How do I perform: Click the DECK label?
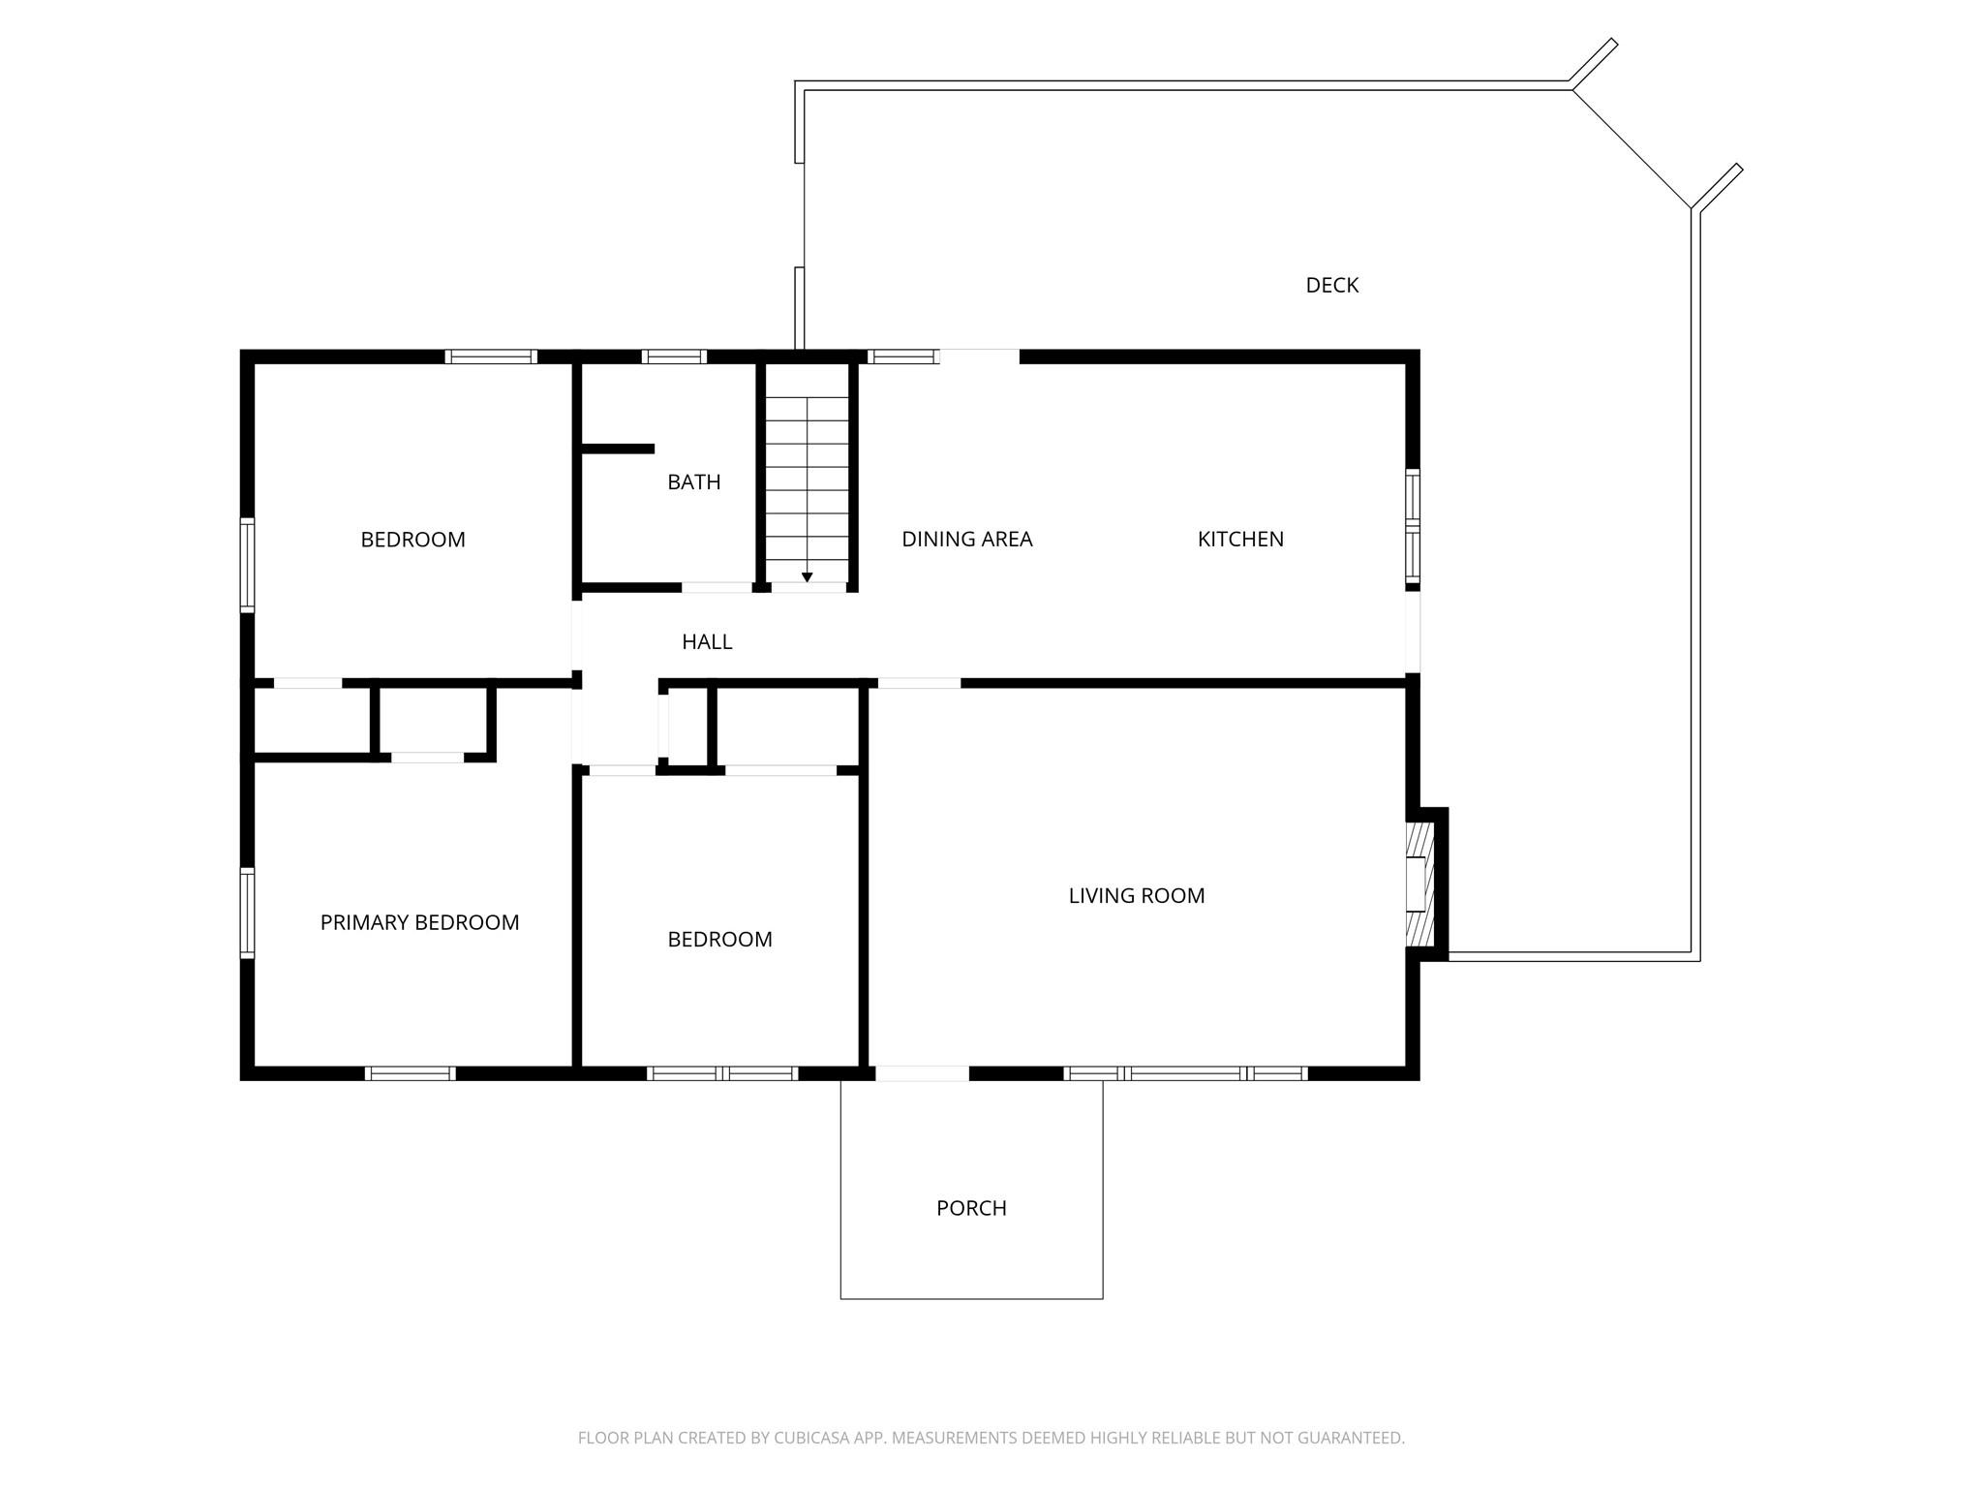pyautogui.click(x=1331, y=285)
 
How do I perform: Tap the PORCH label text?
pyautogui.click(x=971, y=1208)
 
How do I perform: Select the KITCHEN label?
pyautogui.click(x=1240, y=539)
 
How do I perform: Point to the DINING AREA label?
pyautogui.click(x=966, y=539)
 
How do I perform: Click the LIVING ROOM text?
pyautogui.click(x=1136, y=895)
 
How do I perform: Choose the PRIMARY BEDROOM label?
pyautogui.click(x=419, y=922)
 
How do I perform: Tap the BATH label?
pyautogui.click(x=693, y=481)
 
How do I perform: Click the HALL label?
pyautogui.click(x=707, y=641)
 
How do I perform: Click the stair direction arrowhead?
pyautogui.click(x=807, y=577)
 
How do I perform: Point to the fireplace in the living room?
pyautogui.click(x=1419, y=883)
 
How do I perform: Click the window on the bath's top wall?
pyautogui.click(x=674, y=356)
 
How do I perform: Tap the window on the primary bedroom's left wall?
pyautogui.click(x=247, y=913)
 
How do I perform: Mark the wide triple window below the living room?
pyautogui.click(x=1185, y=1073)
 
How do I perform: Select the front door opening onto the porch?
pyautogui.click(x=922, y=1073)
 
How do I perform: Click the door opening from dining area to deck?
pyautogui.click(x=979, y=356)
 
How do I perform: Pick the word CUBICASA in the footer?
pyautogui.click(x=812, y=1438)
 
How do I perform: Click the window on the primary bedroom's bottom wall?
pyautogui.click(x=410, y=1073)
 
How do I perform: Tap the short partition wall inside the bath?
pyautogui.click(x=618, y=449)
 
